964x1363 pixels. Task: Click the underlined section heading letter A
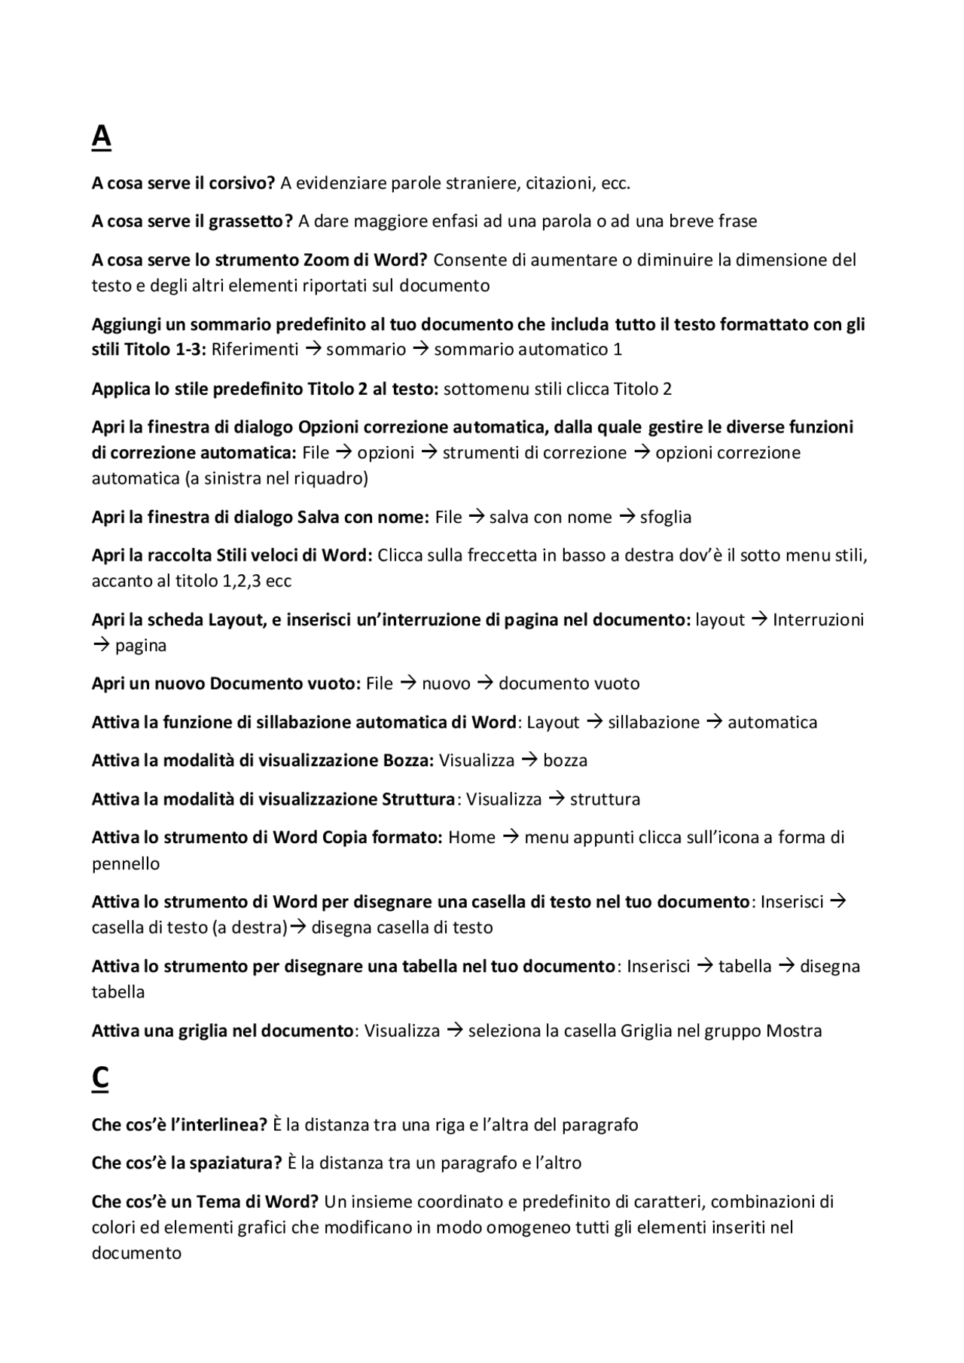(101, 137)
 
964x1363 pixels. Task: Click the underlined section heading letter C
(100, 1078)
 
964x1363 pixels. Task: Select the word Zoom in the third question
(325, 260)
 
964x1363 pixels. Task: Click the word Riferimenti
(255, 350)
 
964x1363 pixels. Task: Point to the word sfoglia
(665, 517)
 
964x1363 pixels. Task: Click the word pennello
(126, 863)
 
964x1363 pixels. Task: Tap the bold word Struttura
(419, 799)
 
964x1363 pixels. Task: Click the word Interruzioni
(818, 620)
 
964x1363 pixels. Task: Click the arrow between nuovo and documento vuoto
(485, 683)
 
